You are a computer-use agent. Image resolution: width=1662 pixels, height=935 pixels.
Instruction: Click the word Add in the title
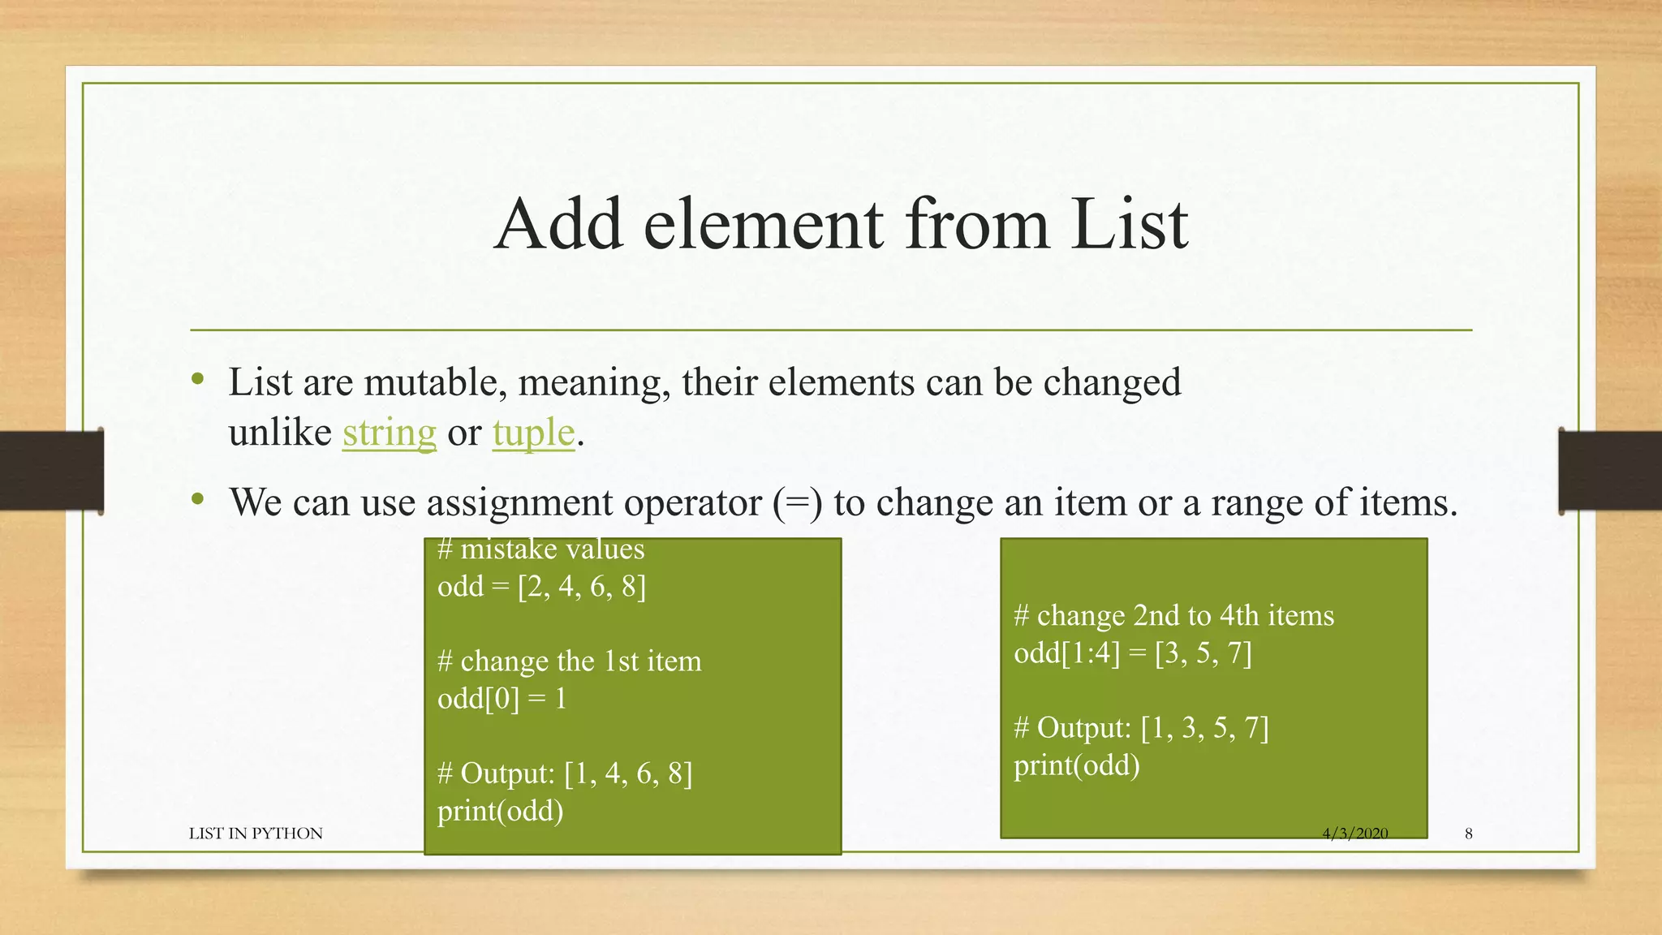(x=560, y=224)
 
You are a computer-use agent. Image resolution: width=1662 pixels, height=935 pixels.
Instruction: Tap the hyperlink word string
(x=390, y=433)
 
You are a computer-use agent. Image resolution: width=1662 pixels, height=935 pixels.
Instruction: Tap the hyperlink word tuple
(x=533, y=433)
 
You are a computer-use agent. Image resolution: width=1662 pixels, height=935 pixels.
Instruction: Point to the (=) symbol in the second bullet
(x=797, y=502)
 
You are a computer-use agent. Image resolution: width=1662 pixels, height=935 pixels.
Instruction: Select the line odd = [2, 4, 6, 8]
(x=541, y=586)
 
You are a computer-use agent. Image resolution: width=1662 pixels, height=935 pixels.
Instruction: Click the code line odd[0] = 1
(x=502, y=698)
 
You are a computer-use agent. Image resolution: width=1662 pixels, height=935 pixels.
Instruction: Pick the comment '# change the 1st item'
(x=569, y=661)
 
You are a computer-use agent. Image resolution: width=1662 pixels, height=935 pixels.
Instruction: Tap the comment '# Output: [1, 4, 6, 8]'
(x=565, y=773)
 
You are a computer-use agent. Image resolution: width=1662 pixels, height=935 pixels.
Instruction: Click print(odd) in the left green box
(x=500, y=810)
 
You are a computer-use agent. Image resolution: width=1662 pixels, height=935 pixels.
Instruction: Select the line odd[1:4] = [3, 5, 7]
(x=1132, y=653)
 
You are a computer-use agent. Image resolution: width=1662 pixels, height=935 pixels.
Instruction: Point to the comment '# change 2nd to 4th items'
(x=1173, y=615)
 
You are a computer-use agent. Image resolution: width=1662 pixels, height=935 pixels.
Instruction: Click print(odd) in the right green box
(x=1076, y=765)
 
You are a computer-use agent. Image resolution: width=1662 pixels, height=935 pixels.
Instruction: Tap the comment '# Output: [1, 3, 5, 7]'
(x=1141, y=727)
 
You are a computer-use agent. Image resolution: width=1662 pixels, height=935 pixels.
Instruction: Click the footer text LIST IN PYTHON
(x=256, y=834)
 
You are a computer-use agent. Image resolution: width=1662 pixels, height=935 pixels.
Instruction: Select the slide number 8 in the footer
(x=1468, y=834)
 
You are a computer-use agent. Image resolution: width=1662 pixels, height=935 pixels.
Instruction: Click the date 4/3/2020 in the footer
(x=1354, y=834)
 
